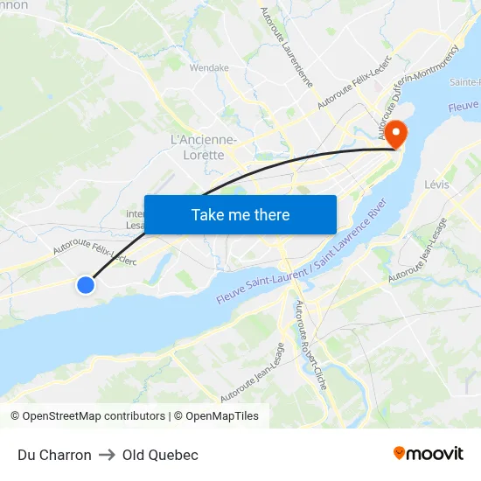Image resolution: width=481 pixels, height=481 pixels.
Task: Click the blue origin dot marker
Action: pyautogui.click(x=86, y=284)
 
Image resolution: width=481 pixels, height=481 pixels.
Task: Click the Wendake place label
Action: pyautogui.click(x=209, y=67)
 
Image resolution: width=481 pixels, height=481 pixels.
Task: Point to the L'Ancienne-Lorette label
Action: pyautogui.click(x=203, y=147)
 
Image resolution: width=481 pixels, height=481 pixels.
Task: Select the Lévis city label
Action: pyautogui.click(x=436, y=185)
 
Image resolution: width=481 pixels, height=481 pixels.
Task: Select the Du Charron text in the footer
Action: pyautogui.click(x=54, y=455)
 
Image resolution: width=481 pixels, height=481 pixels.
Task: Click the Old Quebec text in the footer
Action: pyautogui.click(x=160, y=455)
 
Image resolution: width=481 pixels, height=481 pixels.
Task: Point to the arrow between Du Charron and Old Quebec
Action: pyautogui.click(x=107, y=455)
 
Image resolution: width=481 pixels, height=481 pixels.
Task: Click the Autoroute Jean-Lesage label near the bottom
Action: pyautogui.click(x=253, y=373)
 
